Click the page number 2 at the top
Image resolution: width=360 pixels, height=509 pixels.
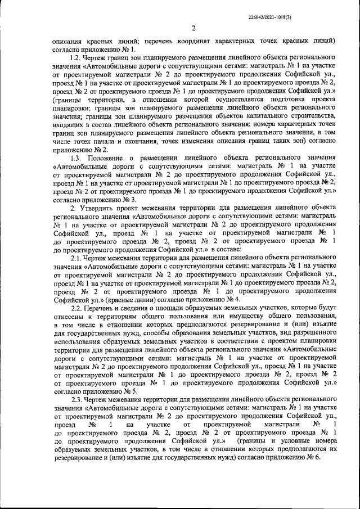point(193,29)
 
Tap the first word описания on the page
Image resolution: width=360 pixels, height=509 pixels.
point(67,41)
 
